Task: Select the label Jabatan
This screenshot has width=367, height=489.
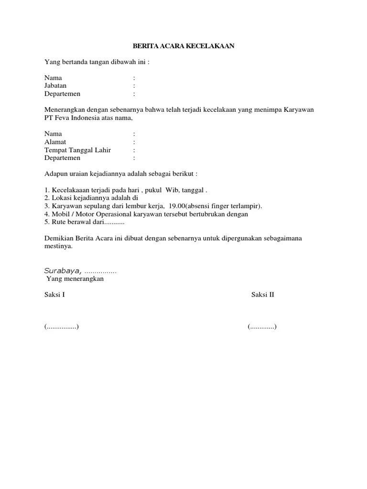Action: (56, 85)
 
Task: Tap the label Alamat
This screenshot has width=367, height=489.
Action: (55, 142)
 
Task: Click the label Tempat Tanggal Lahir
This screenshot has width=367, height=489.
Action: (78, 150)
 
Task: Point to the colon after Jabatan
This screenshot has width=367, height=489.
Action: (134, 85)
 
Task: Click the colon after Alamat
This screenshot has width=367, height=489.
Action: (134, 142)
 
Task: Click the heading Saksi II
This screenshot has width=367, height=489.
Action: (263, 295)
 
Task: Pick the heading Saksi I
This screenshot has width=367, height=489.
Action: (54, 295)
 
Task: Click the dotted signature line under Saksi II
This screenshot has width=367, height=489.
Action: (262, 327)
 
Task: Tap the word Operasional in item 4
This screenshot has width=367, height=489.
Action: (113, 214)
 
